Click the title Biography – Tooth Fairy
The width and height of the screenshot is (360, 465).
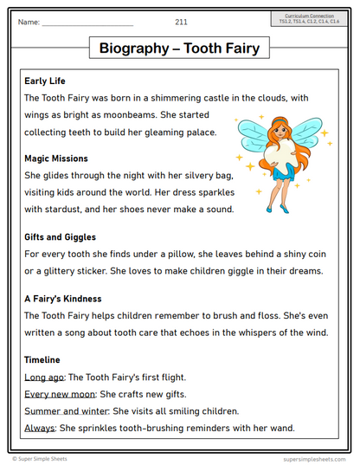point(179,48)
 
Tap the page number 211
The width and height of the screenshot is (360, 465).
point(181,21)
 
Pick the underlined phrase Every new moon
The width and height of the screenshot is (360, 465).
point(58,394)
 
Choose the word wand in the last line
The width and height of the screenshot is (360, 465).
point(281,427)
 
